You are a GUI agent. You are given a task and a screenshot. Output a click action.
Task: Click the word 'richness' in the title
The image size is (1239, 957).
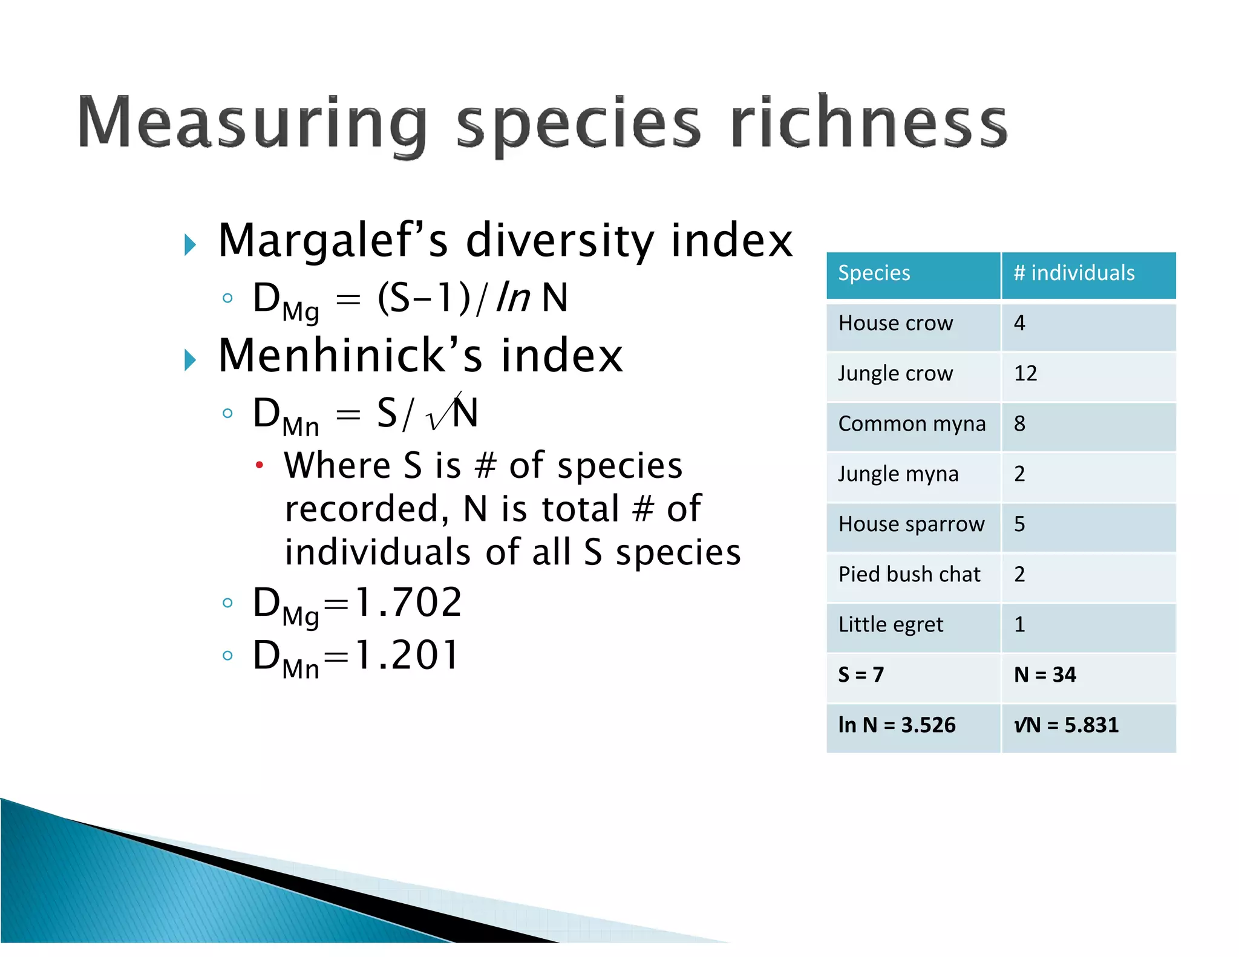coord(869,123)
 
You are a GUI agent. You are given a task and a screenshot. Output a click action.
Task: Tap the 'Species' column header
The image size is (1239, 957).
coord(874,273)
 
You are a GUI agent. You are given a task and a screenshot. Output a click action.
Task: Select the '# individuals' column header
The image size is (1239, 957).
coord(1074,273)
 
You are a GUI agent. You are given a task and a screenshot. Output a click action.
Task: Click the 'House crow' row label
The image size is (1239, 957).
coord(895,324)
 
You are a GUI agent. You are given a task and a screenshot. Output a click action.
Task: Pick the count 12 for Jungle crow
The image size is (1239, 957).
coord(1025,374)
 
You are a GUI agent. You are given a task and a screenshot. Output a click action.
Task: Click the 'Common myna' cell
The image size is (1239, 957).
coord(912,424)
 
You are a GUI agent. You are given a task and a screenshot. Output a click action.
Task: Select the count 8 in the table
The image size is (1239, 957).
coord(1019,424)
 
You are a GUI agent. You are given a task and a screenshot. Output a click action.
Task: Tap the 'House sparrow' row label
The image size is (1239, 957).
coord(911,524)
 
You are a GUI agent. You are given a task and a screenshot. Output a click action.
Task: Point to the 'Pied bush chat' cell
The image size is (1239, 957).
coord(909,575)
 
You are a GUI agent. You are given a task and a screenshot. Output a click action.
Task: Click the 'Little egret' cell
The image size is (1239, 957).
coord(891,625)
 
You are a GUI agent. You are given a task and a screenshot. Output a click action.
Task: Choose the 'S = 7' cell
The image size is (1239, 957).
coord(861,675)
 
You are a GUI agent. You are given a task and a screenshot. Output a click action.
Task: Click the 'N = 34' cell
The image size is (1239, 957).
coord(1045,675)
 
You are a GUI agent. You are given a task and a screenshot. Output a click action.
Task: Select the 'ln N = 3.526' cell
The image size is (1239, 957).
coord(897,725)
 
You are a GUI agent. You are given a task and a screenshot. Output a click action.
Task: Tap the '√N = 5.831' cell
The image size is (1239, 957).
coord(1066,725)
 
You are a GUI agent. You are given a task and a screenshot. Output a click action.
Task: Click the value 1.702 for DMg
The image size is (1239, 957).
coord(408,603)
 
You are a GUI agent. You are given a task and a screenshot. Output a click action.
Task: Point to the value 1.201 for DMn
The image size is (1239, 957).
coord(407,656)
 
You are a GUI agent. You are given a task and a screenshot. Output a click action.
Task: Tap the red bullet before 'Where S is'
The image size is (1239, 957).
coord(260,465)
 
